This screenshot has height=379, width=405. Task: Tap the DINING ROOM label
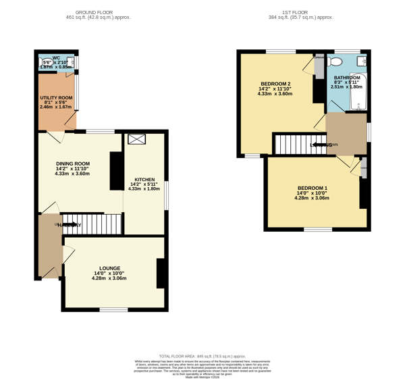click(72, 163)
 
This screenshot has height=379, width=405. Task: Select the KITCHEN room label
click(144, 178)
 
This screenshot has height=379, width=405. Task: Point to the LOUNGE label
click(109, 268)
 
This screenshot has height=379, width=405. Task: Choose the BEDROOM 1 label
click(313, 188)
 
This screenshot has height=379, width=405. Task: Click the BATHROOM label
click(346, 78)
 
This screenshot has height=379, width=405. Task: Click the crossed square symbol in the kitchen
click(137, 139)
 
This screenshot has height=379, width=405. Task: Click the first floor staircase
click(291, 144)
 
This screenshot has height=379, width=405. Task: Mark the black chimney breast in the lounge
click(161, 273)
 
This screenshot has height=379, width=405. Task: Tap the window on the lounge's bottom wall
click(113, 309)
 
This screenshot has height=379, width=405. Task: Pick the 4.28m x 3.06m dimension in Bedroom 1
click(313, 199)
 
